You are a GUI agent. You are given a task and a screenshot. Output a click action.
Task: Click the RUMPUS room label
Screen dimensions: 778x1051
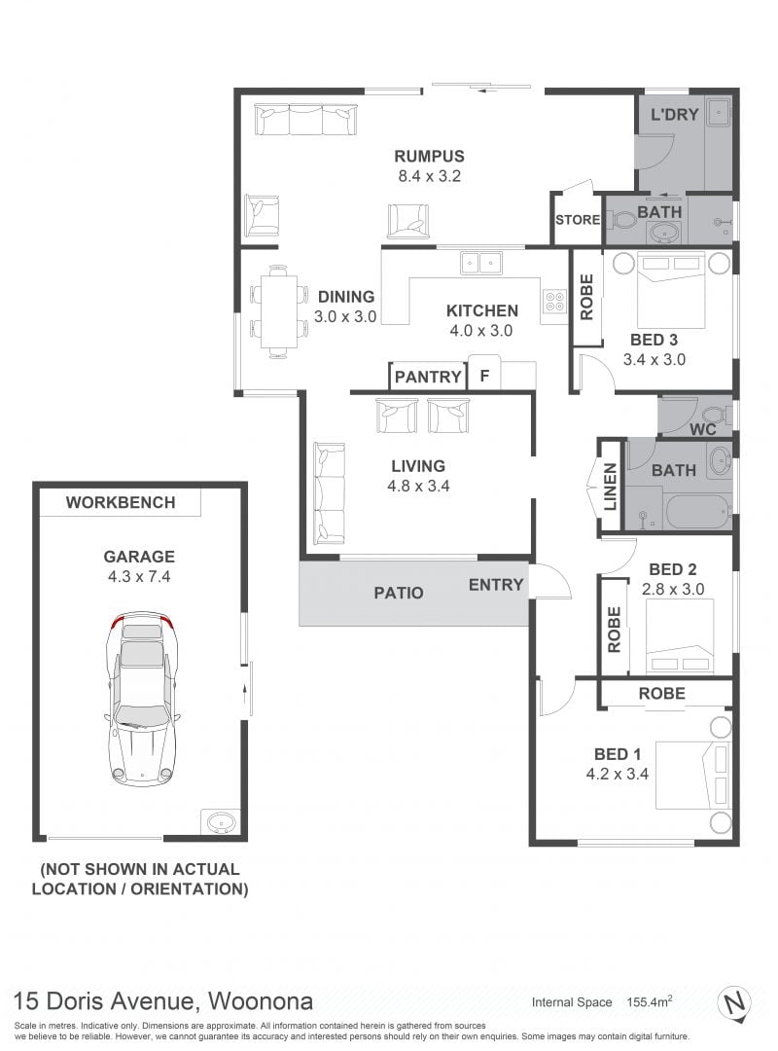click(429, 156)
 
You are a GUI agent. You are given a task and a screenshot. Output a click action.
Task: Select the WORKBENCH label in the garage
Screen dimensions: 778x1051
click(121, 503)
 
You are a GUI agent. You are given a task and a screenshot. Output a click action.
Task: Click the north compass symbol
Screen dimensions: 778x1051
click(734, 1003)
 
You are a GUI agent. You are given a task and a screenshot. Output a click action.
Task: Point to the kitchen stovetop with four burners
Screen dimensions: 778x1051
click(555, 303)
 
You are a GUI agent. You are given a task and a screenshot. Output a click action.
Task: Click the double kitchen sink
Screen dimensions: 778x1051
click(480, 262)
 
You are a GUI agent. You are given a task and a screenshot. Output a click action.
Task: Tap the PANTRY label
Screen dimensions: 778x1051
click(428, 377)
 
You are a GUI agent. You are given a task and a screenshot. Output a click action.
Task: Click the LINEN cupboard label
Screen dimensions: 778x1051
click(611, 488)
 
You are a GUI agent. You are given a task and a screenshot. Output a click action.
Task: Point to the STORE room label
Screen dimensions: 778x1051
click(577, 220)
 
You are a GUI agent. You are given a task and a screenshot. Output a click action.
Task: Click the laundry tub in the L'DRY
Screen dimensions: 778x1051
click(717, 112)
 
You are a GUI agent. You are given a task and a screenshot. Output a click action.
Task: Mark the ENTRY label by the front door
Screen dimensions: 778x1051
click(496, 585)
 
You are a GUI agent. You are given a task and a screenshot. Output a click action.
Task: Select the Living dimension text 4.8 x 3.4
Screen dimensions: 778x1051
click(418, 486)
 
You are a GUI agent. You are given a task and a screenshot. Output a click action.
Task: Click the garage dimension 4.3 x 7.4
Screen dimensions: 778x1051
click(139, 576)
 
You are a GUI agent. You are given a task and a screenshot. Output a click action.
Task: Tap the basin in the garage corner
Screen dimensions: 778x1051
click(220, 821)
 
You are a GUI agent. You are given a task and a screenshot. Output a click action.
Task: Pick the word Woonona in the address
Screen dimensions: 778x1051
click(261, 1001)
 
